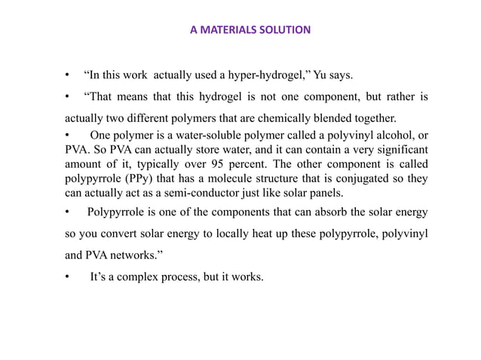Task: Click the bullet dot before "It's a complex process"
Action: pyautogui.click(x=68, y=277)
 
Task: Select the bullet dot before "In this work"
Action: pyautogui.click(x=68, y=75)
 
